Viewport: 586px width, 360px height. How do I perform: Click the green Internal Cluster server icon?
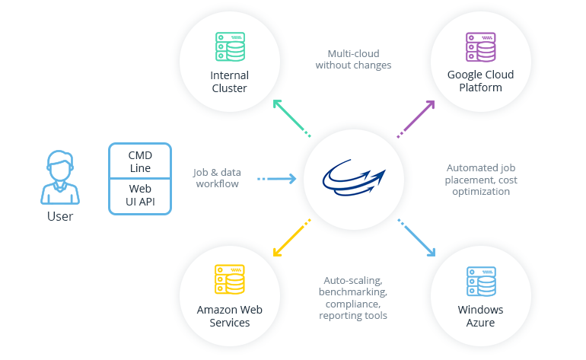coord(229,46)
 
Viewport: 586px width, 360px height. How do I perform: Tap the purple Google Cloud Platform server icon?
coord(480,46)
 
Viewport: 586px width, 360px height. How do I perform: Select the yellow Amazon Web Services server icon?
coord(229,280)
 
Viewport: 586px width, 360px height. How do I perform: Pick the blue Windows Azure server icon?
coord(480,280)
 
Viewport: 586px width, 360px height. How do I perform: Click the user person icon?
coord(60,177)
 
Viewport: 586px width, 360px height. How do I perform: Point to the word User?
coord(60,217)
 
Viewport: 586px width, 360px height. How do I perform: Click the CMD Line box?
coord(140,161)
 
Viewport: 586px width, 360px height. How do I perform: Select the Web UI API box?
coord(140,196)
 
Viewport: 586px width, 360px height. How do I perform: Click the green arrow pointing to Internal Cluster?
coord(290,116)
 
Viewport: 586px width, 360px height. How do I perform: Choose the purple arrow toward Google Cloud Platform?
coord(416,118)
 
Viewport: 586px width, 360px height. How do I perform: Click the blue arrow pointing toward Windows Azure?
coord(418,238)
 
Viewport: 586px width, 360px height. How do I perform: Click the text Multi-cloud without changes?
coord(353,59)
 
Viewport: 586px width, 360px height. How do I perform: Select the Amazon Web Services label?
coord(229,316)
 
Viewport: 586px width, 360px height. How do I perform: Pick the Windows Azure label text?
coord(480,316)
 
